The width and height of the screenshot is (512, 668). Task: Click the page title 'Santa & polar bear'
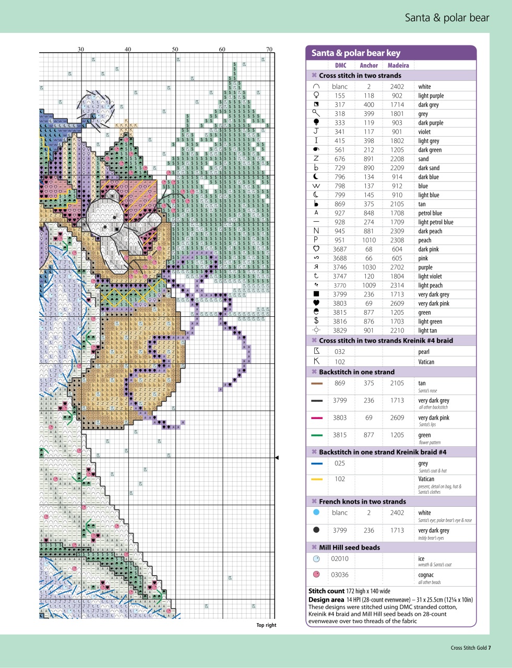(447, 18)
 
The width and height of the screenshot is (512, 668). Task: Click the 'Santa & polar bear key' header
(355, 53)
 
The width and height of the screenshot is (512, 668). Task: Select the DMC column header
(340, 65)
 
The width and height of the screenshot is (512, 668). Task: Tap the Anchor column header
(368, 65)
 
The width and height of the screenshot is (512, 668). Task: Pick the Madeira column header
(398, 65)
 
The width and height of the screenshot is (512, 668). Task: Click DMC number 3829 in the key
(340, 330)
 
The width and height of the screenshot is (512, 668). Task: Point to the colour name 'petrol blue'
(430, 213)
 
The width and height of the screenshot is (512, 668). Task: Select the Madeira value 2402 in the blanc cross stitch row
(397, 87)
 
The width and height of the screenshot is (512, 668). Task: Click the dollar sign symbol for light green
(316, 321)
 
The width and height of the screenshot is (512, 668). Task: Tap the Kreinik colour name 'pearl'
(423, 352)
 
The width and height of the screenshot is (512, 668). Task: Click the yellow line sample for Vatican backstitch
(316, 479)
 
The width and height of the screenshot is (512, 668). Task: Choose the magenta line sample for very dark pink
(316, 418)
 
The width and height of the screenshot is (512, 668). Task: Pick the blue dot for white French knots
(316, 512)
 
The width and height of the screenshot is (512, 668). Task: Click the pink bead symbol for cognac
(316, 575)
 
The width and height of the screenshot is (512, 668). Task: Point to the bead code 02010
(339, 558)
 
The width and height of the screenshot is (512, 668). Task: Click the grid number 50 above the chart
(175, 50)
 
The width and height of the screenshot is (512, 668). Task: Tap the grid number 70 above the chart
(269, 50)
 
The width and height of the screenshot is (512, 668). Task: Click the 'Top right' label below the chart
(266, 625)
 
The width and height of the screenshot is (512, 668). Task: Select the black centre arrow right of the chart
(277, 458)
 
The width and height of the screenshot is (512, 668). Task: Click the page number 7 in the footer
(490, 648)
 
